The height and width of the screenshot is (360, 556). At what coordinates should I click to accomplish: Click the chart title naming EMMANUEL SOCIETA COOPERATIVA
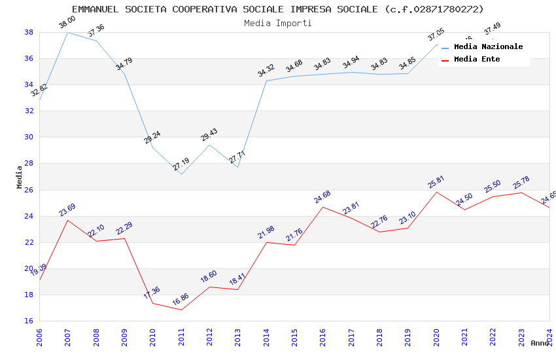coord(277,9)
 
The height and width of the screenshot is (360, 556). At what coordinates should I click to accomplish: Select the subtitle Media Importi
coord(277,23)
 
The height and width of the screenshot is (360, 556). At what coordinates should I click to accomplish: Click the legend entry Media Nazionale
coord(488,46)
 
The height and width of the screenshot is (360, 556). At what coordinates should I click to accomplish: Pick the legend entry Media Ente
coord(477,59)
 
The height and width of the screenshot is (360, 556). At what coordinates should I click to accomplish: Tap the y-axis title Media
coord(20,177)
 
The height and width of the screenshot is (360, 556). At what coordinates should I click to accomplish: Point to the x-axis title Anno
coord(540,343)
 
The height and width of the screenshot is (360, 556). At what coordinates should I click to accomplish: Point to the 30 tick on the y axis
coord(29,137)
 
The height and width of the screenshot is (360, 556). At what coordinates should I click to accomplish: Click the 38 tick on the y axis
coord(29,32)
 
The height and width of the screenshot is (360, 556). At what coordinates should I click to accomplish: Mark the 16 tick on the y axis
coord(29,321)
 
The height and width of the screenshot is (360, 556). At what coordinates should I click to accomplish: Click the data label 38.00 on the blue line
coord(67,23)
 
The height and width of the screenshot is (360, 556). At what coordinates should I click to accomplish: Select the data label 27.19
coord(181,165)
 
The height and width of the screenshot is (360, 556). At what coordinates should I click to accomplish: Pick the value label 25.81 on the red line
coord(436,182)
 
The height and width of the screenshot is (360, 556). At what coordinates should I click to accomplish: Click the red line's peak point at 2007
coord(68,220)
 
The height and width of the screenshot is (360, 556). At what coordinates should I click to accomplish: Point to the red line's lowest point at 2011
coord(181,310)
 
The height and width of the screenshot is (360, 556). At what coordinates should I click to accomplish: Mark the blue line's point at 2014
coord(266,81)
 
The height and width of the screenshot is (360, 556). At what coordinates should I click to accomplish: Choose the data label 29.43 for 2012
coord(209,135)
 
